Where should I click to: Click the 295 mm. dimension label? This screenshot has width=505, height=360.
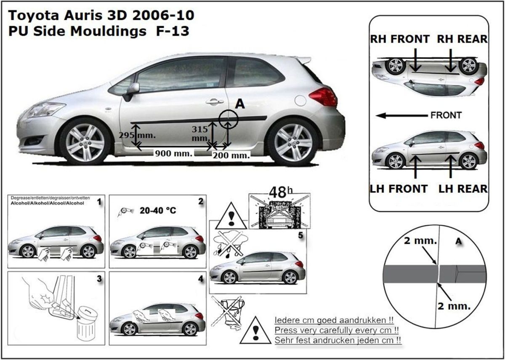[137, 135]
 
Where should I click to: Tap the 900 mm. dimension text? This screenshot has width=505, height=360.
[173, 153]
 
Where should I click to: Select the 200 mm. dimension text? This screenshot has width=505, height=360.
[231, 155]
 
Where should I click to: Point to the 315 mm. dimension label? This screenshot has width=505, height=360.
[200, 133]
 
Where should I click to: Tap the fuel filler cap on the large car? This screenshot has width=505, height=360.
[300, 101]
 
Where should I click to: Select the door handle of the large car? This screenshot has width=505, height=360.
[214, 102]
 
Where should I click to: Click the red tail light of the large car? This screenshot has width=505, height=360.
[323, 97]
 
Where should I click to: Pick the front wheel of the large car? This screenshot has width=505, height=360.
[85, 141]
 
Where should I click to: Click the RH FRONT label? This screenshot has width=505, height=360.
[400, 39]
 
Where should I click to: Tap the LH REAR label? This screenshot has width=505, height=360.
[463, 189]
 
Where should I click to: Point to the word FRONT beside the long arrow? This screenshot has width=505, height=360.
[446, 115]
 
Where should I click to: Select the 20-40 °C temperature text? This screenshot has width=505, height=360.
[158, 211]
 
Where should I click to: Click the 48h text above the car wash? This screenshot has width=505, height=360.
[281, 192]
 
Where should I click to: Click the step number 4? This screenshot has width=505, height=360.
[201, 279]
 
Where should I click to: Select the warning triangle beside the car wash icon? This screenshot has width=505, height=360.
[231, 216]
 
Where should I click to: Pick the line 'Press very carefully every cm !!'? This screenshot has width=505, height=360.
[337, 330]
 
